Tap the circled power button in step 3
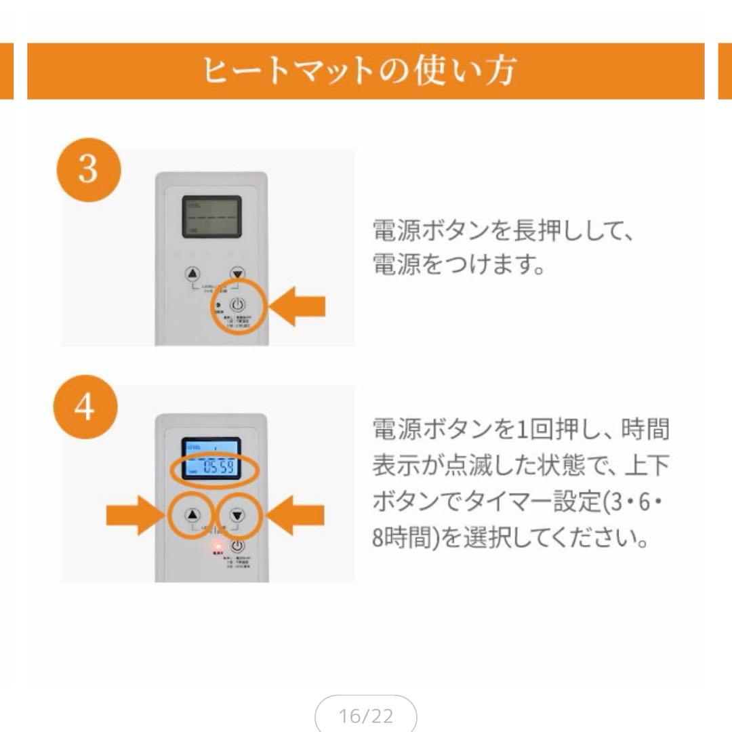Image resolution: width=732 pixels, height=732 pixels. coord(238,305)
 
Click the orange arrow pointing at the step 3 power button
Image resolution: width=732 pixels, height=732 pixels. coord(302,306)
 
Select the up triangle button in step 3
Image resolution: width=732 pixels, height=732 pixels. coord(193,273)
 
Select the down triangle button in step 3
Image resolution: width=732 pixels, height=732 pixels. coord(237,273)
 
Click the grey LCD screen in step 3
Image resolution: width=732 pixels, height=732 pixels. coord(211,216)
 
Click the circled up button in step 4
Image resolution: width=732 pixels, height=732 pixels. coord(192,515)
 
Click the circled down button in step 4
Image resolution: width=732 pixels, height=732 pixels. coord(237,515)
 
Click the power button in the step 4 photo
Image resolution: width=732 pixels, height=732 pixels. coord(238,546)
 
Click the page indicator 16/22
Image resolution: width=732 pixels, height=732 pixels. coord(365,715)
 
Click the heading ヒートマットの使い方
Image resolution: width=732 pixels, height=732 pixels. coord(360,70)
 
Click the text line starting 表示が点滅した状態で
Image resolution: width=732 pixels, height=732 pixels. coord(521,466)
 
